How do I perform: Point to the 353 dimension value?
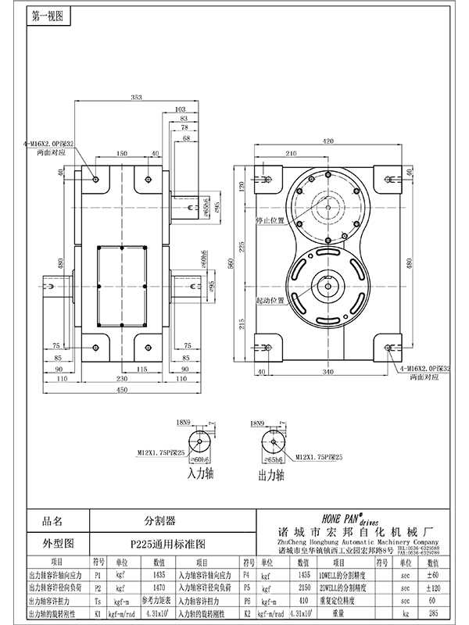pos(136,97)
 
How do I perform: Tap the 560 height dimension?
pos(230,265)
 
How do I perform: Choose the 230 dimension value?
pos(120,380)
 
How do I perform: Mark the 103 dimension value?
pos(181,109)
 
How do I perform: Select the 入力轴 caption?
pos(200,473)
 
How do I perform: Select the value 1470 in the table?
pos(159,585)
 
